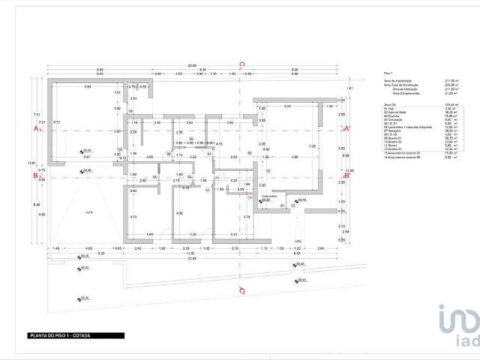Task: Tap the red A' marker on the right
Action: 346,130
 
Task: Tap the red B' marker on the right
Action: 346,177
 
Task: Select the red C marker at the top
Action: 241,65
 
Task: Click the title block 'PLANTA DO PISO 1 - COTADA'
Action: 60,335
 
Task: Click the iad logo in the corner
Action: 458,328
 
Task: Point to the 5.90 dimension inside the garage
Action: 88,88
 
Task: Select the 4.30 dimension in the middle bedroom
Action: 179,214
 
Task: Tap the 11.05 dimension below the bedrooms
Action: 191,253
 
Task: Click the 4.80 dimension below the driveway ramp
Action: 88,247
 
